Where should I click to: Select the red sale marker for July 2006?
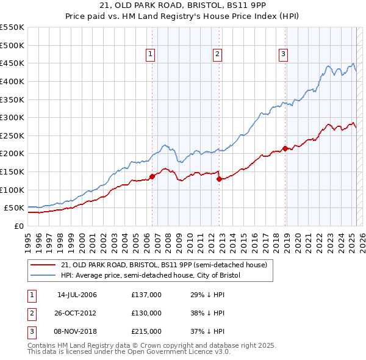point(152,176)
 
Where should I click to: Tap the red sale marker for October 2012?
point(218,179)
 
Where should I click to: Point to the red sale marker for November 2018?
point(285,148)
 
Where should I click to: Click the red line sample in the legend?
point(43,265)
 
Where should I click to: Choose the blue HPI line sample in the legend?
point(43,276)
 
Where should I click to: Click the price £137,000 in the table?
point(146,295)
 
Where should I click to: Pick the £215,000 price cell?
point(146,331)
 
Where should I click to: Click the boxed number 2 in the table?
point(31,313)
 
